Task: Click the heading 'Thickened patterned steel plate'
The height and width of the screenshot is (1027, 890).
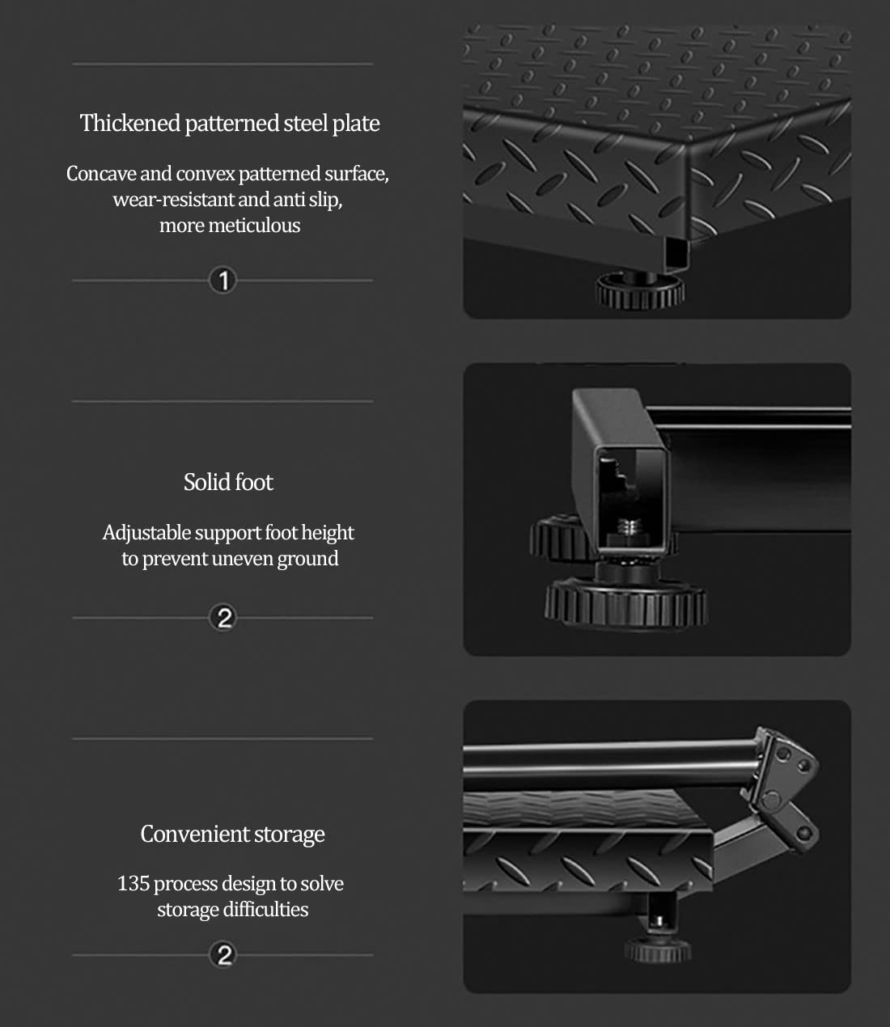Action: [x=230, y=123]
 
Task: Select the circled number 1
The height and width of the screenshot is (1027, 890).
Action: [x=222, y=281]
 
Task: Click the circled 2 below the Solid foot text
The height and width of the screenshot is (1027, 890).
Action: [x=222, y=618]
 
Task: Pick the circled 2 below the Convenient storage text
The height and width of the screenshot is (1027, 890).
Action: [x=222, y=954]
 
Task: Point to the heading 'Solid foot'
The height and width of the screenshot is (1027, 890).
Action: [x=228, y=482]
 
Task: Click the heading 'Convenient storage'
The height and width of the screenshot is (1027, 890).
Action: [x=232, y=835]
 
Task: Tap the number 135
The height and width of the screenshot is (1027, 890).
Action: [x=133, y=884]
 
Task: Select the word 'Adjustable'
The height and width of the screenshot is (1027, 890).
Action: [x=146, y=533]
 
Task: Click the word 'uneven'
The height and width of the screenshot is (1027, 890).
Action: [x=242, y=559]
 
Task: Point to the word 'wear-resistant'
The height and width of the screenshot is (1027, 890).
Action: [x=173, y=200]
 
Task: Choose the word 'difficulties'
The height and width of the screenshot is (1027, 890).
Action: [x=265, y=910]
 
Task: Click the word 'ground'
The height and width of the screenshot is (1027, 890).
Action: [x=307, y=560]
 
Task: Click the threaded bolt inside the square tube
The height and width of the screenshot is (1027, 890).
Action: [x=629, y=528]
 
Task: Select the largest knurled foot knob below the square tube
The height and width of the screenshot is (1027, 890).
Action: [x=625, y=604]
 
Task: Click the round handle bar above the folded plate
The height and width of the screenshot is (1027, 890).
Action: [x=612, y=758]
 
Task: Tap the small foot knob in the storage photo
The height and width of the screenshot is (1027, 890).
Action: [x=657, y=950]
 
